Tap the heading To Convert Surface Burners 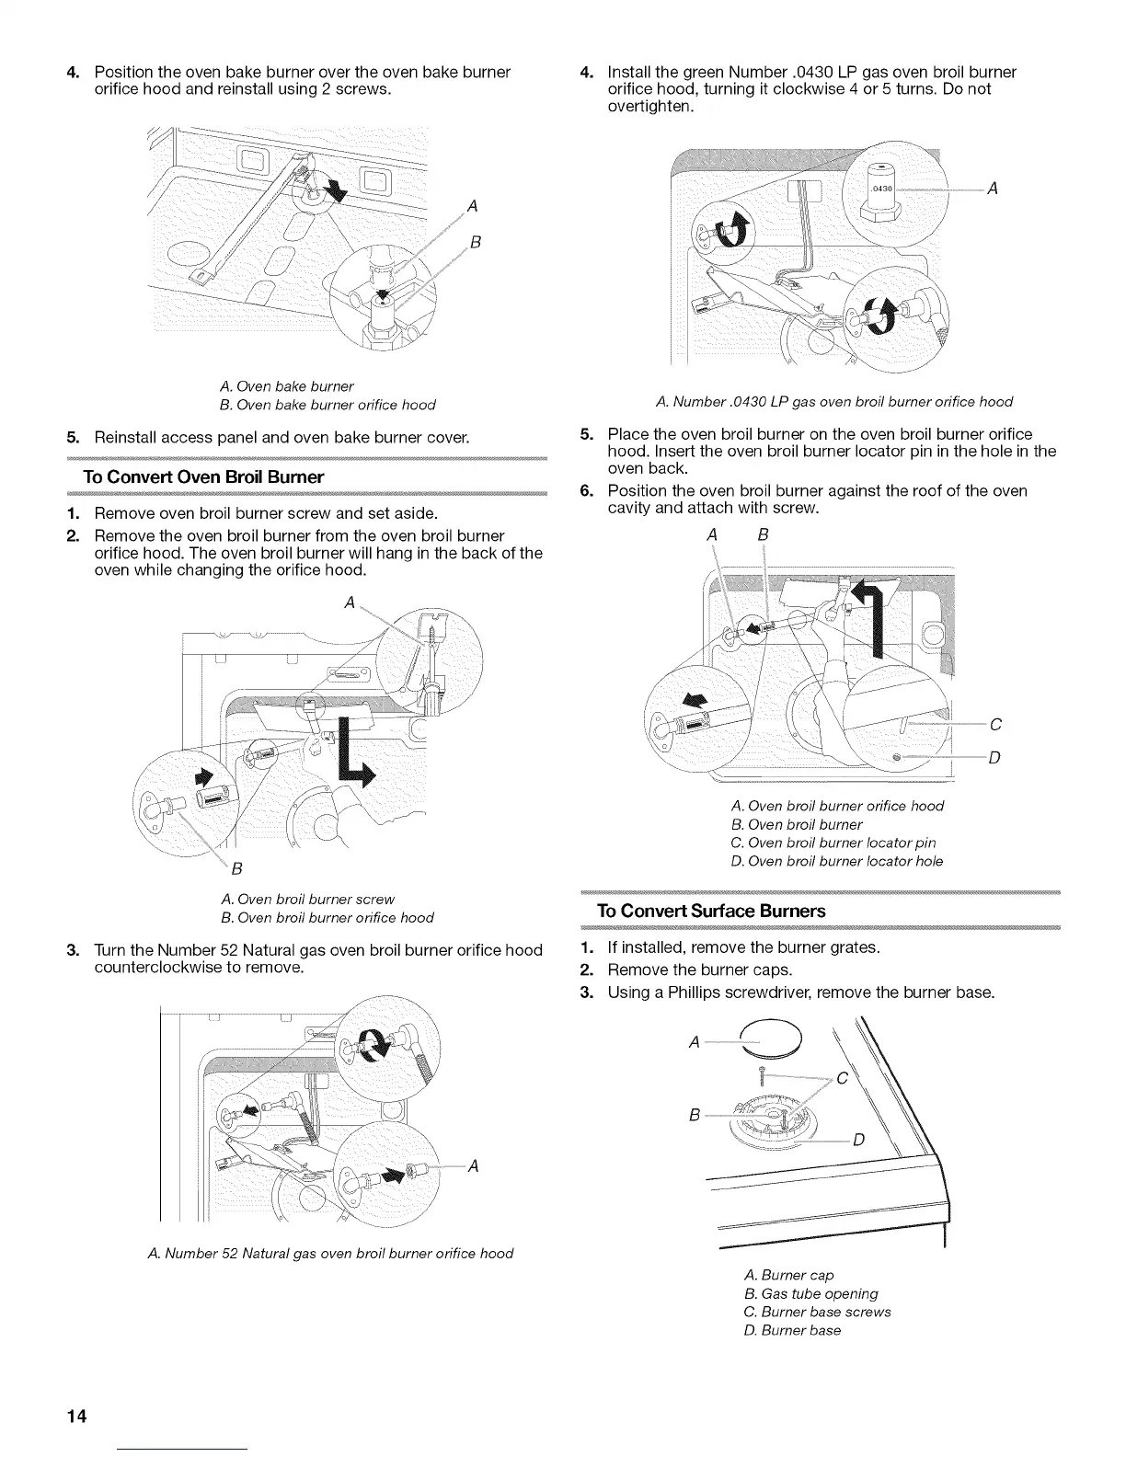tap(711, 911)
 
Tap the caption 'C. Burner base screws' tap(817, 1312)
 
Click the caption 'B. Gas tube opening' tap(810, 1293)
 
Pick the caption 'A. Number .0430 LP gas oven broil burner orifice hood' tap(834, 401)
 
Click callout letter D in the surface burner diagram tap(858, 1142)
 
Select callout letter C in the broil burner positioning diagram tap(995, 725)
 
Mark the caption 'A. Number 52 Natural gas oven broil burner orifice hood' tap(328, 1253)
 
